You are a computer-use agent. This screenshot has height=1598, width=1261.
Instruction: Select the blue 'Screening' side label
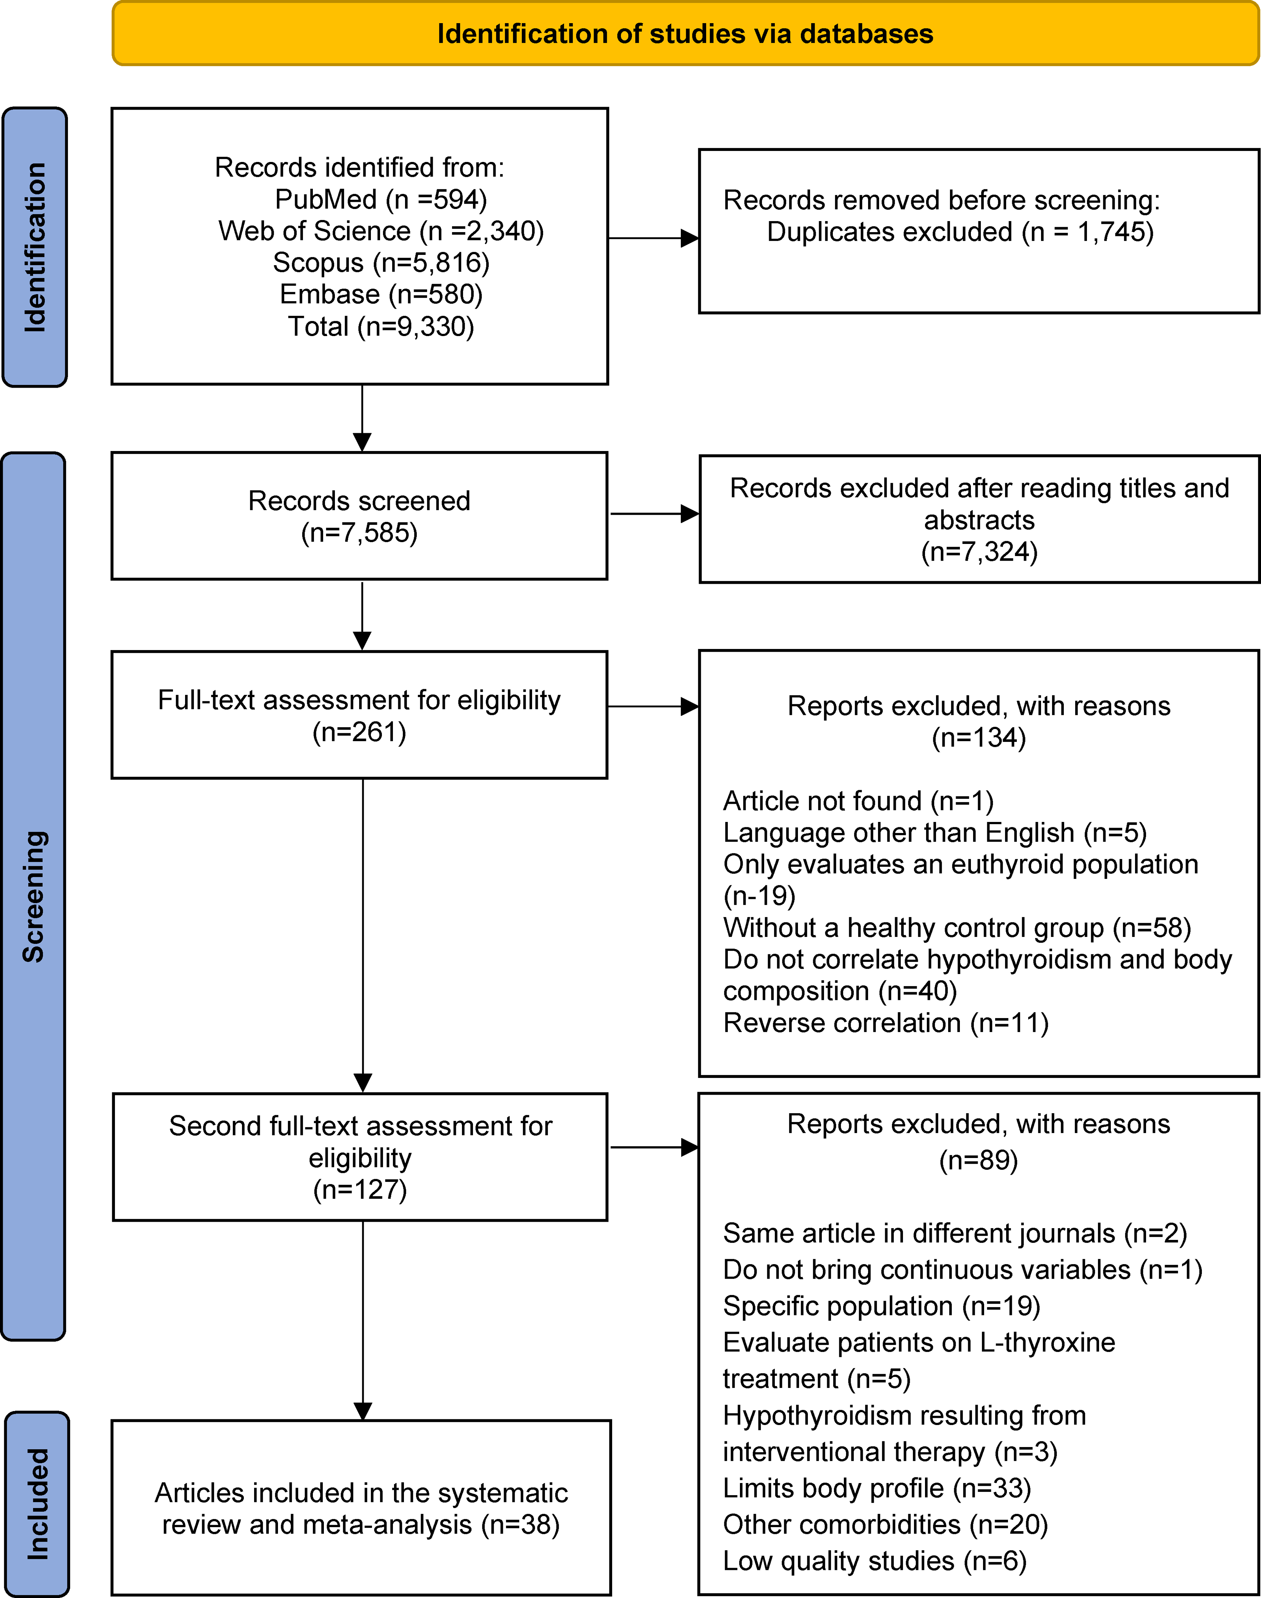click(33, 896)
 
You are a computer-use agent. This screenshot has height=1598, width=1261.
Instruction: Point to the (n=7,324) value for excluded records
click(979, 552)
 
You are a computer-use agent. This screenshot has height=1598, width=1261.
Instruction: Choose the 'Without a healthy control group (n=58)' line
click(957, 927)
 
